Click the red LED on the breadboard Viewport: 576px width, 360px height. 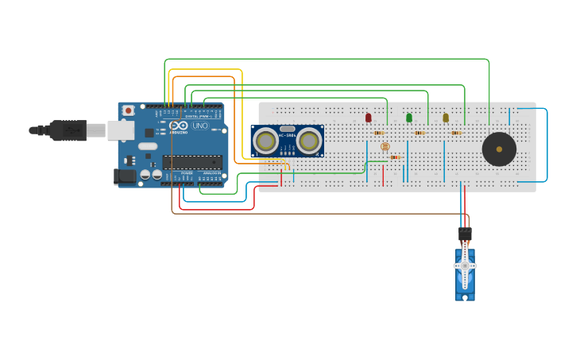tap(369, 118)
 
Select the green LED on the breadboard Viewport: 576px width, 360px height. tap(409, 118)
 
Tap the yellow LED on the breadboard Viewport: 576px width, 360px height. tap(446, 118)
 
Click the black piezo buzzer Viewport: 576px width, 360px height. tap(499, 149)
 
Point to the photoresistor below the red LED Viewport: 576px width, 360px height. tap(385, 146)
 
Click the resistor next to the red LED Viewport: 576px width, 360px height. tap(379, 133)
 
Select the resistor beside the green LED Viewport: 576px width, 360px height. tap(419, 133)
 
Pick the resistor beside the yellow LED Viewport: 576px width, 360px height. tap(456, 133)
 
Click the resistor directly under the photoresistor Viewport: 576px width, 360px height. tap(394, 157)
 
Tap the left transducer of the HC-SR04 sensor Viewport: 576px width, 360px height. tap(265, 141)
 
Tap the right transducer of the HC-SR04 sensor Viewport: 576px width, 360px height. tap(309, 141)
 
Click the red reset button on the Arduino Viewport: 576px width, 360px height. tap(128, 110)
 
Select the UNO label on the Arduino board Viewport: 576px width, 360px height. tap(200, 126)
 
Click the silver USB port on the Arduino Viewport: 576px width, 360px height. tap(121, 130)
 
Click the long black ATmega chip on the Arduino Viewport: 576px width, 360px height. tap(191, 162)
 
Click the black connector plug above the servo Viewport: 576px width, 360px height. tap(465, 234)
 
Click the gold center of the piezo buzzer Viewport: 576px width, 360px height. tap(499, 149)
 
